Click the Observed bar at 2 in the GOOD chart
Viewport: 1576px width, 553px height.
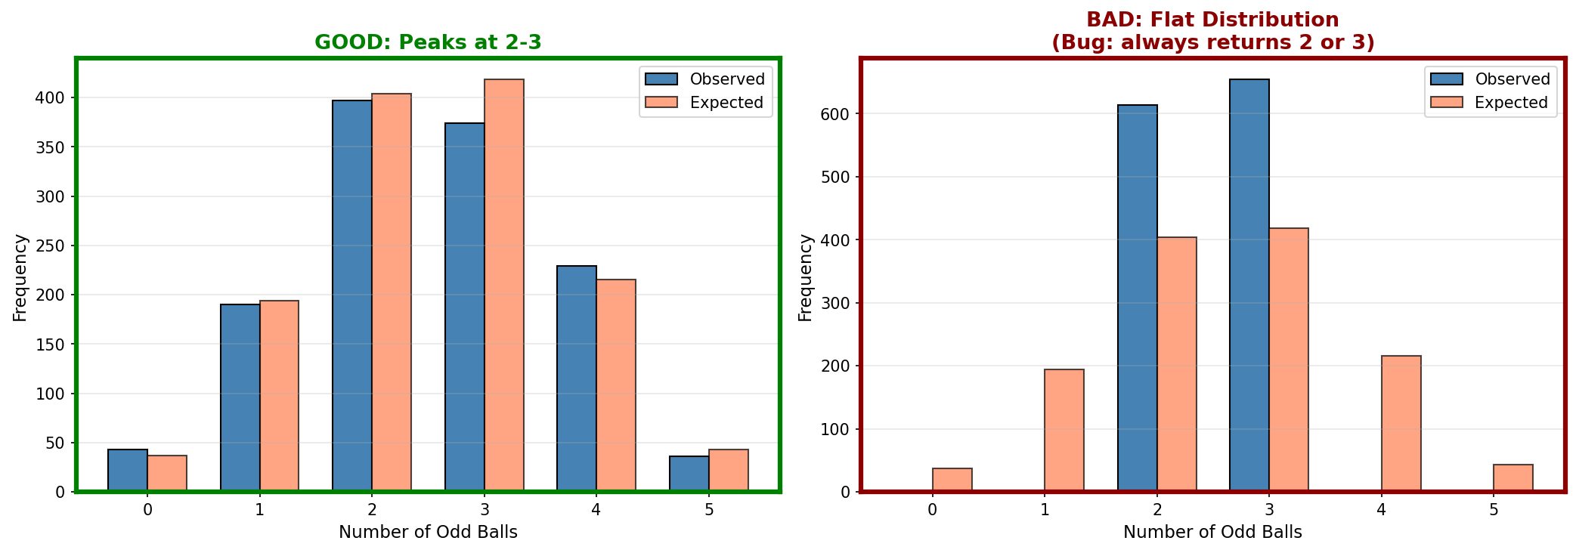point(352,296)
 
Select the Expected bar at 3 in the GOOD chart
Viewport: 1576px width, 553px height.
point(504,286)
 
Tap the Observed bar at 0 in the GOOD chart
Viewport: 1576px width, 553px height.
point(128,471)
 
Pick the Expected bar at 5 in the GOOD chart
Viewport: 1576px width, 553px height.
point(729,471)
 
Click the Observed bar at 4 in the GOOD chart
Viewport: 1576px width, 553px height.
point(577,378)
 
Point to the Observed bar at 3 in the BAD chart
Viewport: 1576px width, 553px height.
point(1249,286)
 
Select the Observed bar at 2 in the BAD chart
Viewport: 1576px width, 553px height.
point(1138,298)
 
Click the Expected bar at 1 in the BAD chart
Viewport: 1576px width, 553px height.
point(1064,431)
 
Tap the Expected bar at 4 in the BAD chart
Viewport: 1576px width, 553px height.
point(1401,424)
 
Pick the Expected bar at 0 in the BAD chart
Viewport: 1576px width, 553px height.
point(952,480)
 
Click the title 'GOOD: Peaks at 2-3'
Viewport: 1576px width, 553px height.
point(428,42)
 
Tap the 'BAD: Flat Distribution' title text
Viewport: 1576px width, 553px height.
point(1212,20)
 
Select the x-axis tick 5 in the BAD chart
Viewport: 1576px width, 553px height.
point(1494,510)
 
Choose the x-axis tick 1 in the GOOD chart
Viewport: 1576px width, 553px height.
point(259,510)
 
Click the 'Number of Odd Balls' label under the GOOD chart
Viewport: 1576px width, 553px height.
point(428,533)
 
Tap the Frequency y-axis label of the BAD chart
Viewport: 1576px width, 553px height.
point(805,277)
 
